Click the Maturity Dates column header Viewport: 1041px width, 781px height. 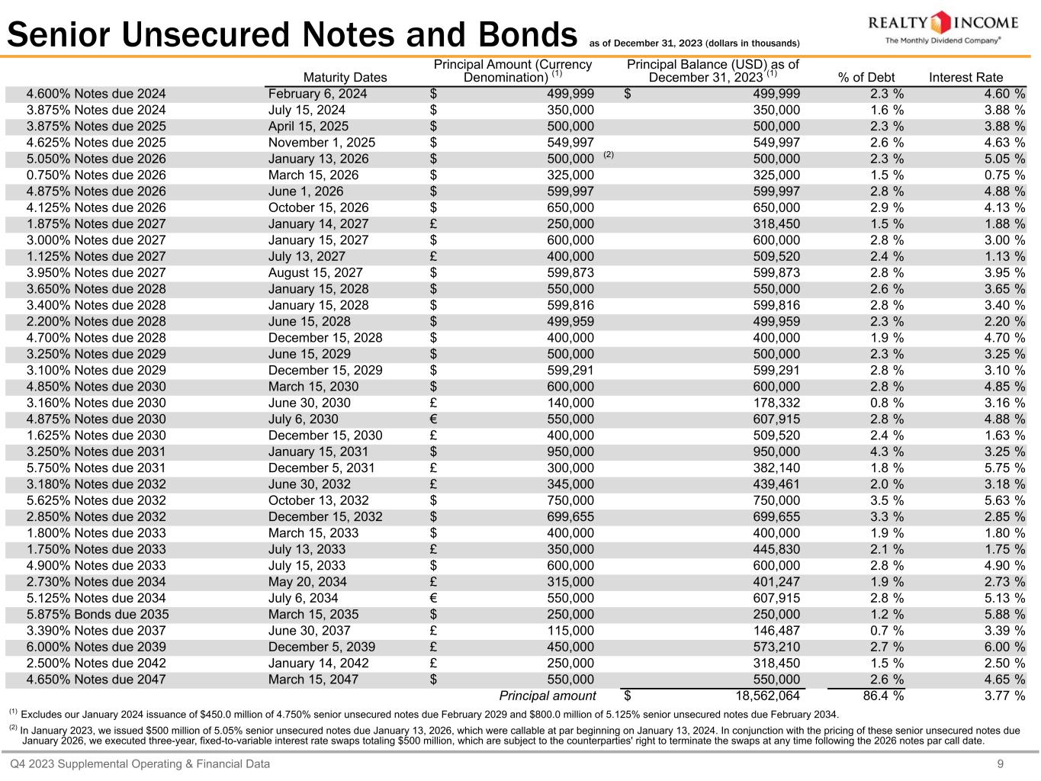pyautogui.click(x=345, y=77)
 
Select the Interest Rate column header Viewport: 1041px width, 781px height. pyautogui.click(x=965, y=77)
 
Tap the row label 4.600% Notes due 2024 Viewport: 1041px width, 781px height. pyautogui.click(x=96, y=94)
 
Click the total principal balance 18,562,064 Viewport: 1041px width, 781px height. pyautogui.click(x=765, y=696)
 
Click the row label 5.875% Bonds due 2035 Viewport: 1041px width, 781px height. pyautogui.click(x=98, y=614)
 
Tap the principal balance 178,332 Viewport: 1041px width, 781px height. pyautogui.click(x=776, y=403)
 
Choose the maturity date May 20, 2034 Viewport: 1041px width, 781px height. pyautogui.click(x=307, y=582)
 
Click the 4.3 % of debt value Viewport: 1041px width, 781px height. pyautogui.click(x=887, y=452)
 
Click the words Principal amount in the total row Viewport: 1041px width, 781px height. pyautogui.click(x=547, y=696)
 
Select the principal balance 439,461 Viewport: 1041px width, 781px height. pyautogui.click(x=776, y=484)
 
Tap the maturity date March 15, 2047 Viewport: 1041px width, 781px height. pyautogui.click(x=313, y=680)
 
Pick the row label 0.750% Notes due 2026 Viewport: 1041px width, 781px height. pyautogui.click(x=96, y=175)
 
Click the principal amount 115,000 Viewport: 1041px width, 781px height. pyautogui.click(x=570, y=631)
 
